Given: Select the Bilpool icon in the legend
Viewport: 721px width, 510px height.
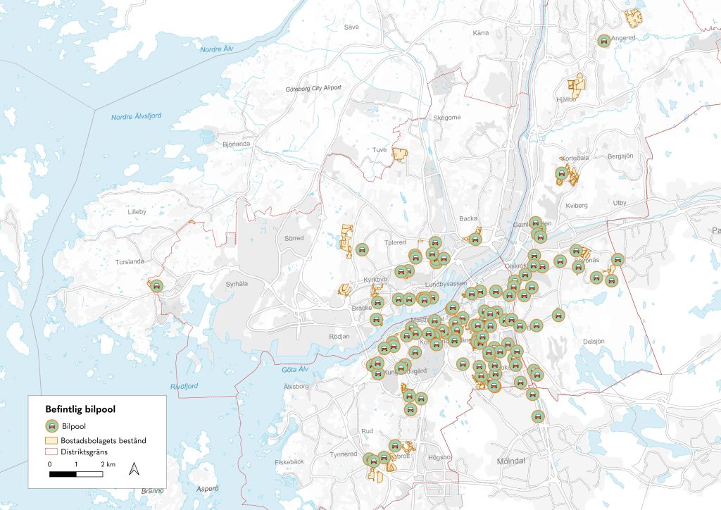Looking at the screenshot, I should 51,427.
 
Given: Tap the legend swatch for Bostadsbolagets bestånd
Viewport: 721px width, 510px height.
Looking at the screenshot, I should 51,440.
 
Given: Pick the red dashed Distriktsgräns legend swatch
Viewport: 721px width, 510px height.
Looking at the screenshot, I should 51,451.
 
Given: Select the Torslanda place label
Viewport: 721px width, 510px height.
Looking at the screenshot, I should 130,261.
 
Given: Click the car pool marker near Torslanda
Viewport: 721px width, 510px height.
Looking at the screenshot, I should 156,285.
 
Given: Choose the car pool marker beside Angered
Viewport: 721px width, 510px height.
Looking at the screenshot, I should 603,41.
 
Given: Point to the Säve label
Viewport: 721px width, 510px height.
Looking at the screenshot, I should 351,27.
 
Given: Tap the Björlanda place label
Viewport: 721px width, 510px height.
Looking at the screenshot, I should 236,144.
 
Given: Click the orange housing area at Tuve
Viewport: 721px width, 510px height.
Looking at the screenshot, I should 400,154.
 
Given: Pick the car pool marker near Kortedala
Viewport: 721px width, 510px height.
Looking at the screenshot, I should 561,173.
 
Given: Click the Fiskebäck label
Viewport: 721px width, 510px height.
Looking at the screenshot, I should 289,462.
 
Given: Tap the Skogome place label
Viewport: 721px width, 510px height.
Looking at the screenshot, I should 447,117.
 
